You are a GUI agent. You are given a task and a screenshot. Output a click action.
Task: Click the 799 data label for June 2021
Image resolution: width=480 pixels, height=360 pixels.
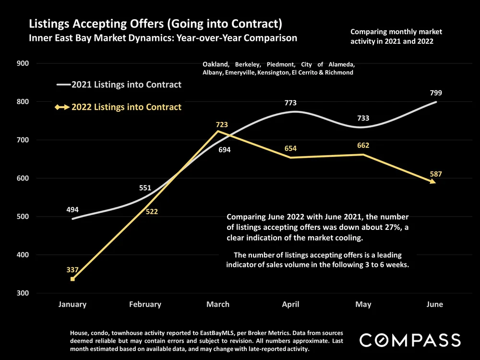tap(435, 93)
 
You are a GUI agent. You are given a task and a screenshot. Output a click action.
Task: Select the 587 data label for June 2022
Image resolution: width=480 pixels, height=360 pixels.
tap(435, 174)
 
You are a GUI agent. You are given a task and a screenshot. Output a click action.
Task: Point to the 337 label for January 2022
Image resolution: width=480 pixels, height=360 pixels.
tap(72, 270)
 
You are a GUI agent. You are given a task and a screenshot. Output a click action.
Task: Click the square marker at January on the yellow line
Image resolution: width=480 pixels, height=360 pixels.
tap(72, 279)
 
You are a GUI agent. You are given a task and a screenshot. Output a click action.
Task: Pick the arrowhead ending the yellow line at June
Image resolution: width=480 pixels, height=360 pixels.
tap(433, 181)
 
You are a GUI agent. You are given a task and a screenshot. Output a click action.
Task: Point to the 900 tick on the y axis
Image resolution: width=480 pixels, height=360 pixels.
tap(23, 63)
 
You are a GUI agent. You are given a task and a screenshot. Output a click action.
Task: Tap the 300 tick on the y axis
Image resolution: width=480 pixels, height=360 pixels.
tap(23, 293)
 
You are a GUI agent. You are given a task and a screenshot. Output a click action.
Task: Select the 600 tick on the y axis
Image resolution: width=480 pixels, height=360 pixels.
tap(23, 178)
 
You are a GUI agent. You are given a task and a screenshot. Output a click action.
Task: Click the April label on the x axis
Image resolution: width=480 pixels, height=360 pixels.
tap(290, 304)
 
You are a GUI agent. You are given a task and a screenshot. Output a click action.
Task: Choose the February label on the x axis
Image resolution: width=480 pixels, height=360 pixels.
tap(145, 304)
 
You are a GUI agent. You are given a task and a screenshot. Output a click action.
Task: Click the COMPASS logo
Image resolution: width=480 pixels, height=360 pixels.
tap(410, 340)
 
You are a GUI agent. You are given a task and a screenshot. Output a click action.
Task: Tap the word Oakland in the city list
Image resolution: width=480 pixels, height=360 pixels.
tap(216, 64)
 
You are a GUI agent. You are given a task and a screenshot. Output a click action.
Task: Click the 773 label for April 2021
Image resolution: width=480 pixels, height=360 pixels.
tap(290, 103)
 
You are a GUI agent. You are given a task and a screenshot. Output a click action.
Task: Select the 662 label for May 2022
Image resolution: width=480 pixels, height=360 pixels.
tap(363, 145)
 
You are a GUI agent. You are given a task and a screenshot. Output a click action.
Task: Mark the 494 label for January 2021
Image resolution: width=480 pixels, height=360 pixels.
tap(72, 209)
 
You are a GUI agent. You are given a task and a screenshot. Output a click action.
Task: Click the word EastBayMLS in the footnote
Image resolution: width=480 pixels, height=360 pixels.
tap(217, 332)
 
